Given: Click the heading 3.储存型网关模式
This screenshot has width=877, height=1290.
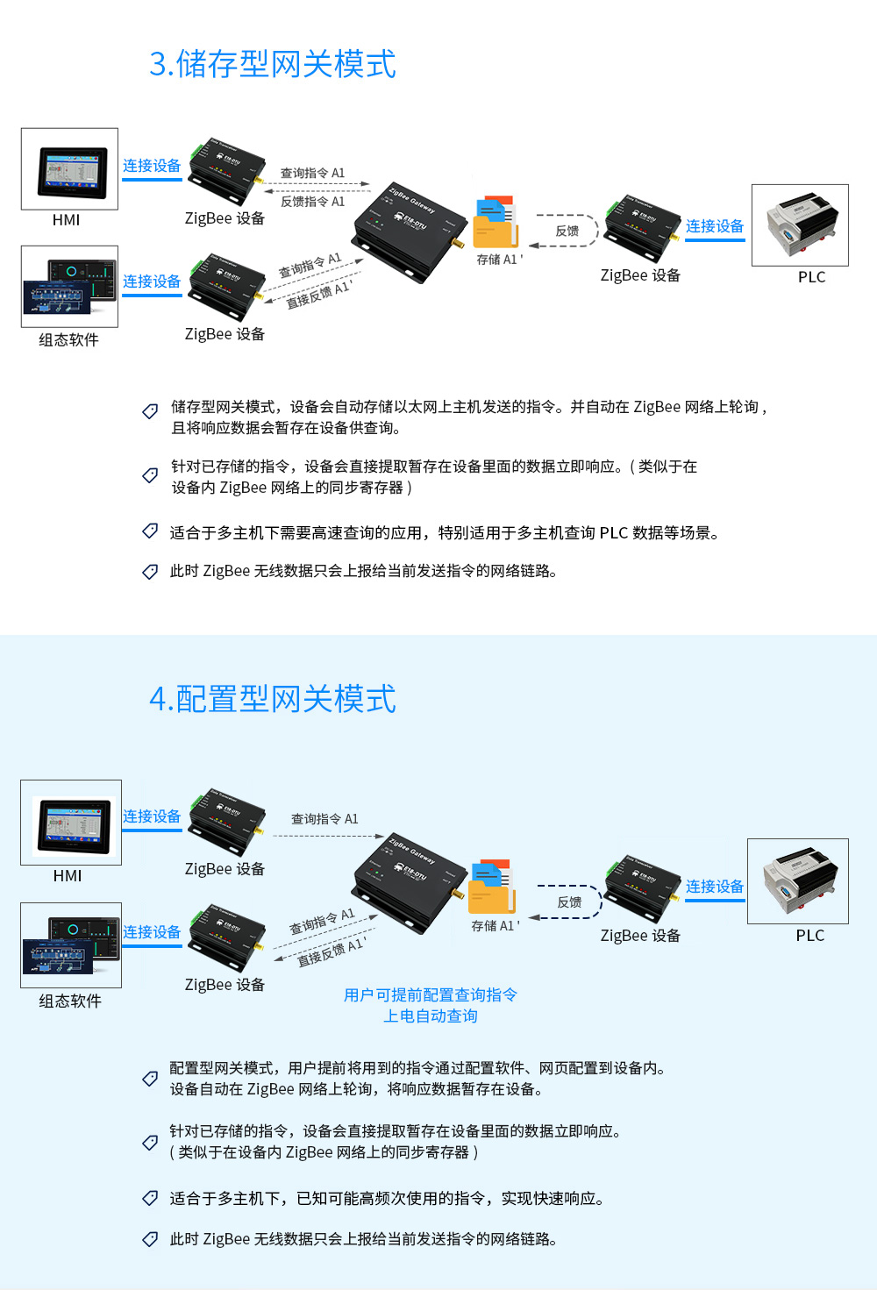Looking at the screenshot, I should pos(273,64).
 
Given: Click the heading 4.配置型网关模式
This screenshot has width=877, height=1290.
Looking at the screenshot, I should pos(273,699).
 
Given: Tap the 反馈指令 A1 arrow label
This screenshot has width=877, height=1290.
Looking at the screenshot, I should pos(313,202).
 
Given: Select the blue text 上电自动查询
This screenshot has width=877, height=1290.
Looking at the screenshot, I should pos(431,1016).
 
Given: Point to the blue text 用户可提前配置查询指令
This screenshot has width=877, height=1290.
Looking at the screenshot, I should pos(431,994).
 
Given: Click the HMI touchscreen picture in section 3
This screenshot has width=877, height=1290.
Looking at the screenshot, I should pos(70,169).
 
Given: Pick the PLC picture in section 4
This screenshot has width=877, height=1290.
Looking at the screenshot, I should pos(798,880).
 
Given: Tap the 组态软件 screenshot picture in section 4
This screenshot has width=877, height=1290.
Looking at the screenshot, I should pos(71,944).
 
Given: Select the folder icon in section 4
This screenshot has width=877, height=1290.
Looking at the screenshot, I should pos(491,887).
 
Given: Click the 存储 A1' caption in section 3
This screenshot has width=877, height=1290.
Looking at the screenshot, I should pos(499,260).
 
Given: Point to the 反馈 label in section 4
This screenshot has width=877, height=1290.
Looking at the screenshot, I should pos(570,902).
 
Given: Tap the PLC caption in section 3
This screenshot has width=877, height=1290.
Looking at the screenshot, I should pos(811,277).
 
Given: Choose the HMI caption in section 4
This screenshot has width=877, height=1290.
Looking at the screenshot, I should pos(68,875).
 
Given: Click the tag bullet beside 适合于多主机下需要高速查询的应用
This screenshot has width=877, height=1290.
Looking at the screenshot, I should pos(150,531).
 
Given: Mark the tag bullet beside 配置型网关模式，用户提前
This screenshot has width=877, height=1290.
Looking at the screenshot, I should pos(150,1078).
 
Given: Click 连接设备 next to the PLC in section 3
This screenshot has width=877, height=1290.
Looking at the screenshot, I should pos(715,226).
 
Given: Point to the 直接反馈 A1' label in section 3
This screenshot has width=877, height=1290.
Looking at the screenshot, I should pos(317,295).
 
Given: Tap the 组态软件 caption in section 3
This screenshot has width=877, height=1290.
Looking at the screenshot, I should pos(68,339).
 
